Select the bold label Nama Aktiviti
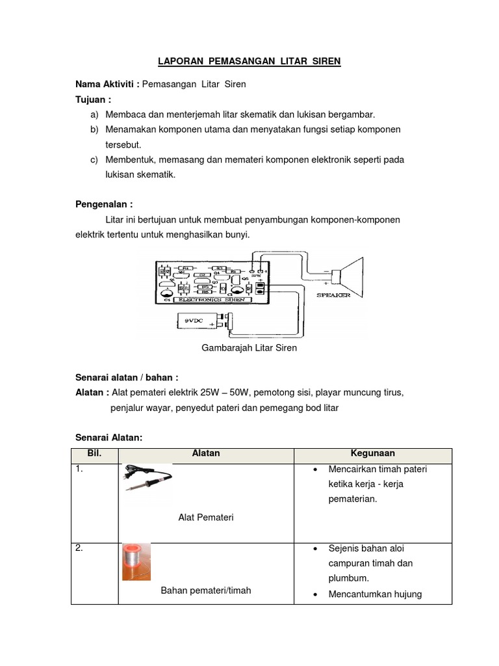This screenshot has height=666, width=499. coord(106,85)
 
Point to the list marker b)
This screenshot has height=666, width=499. coord(95,129)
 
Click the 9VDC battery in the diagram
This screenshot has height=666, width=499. coord(201,321)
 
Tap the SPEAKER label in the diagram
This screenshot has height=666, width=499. coord(333,295)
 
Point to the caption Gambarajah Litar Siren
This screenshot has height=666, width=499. coord(249,348)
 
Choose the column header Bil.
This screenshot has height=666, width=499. coord(95,454)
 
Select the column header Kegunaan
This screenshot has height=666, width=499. coord(372,454)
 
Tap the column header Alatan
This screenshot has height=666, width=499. coord(206,454)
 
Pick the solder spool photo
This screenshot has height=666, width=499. coord(136,561)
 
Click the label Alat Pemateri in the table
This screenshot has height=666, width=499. coord(206,518)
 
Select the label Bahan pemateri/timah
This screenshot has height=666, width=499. coord(206,591)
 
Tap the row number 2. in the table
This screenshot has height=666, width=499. coord(79,548)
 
